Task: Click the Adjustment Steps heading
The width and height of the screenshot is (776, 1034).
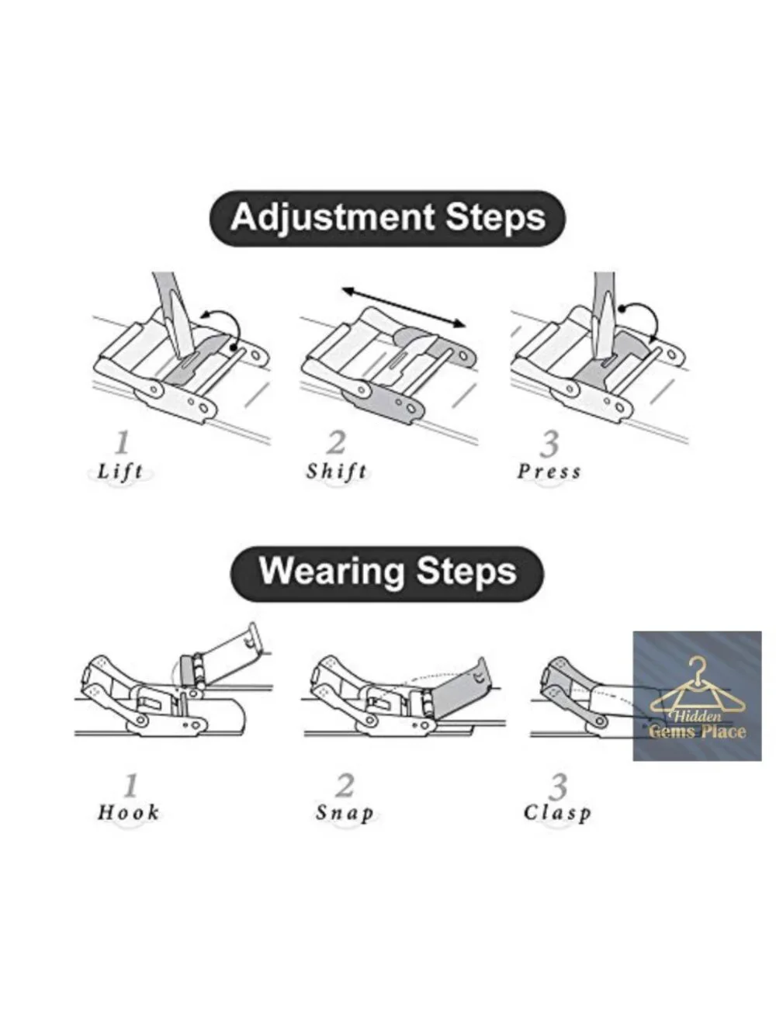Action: point(387,218)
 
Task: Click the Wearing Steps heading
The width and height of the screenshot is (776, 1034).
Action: point(387,572)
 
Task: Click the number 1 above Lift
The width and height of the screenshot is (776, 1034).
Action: point(122,443)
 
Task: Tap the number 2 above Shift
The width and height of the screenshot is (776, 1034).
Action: point(337,443)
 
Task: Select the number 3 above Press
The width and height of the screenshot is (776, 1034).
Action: point(549,444)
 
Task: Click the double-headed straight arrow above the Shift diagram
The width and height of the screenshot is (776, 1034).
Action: point(404,306)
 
